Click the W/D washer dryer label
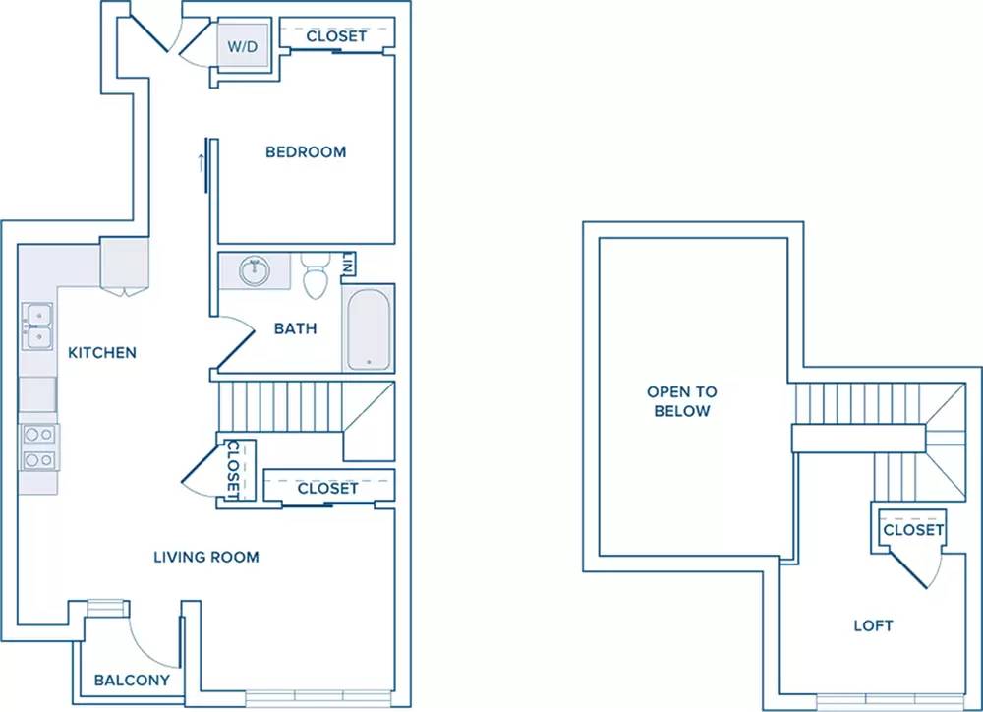point(243,46)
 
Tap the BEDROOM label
point(306,151)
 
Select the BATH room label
point(295,328)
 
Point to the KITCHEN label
point(102,352)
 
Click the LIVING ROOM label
point(206,557)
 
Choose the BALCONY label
point(132,680)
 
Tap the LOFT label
point(873,625)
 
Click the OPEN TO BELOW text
point(682,401)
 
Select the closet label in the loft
point(913,530)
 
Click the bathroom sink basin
point(256,271)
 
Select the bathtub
point(369,328)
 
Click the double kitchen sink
point(37,326)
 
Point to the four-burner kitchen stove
point(39,447)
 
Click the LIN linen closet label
point(348,264)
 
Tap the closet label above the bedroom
point(336,36)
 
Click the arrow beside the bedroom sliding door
point(202,163)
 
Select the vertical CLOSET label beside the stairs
point(233,470)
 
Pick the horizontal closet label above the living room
point(328,488)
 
